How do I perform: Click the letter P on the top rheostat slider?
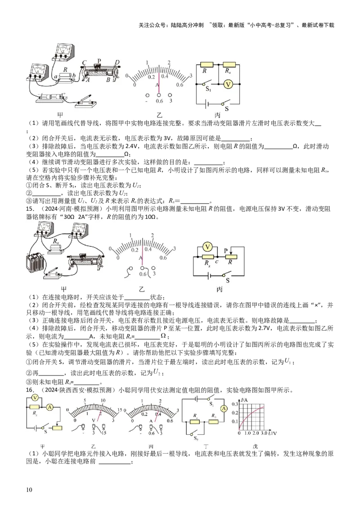click(99, 60)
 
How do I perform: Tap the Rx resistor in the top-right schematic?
click(229, 65)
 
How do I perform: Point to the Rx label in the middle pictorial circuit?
click(55, 241)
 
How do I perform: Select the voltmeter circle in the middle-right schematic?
click(207, 246)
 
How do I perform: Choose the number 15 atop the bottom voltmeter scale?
click(120, 409)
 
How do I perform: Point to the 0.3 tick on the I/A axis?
click(234, 405)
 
